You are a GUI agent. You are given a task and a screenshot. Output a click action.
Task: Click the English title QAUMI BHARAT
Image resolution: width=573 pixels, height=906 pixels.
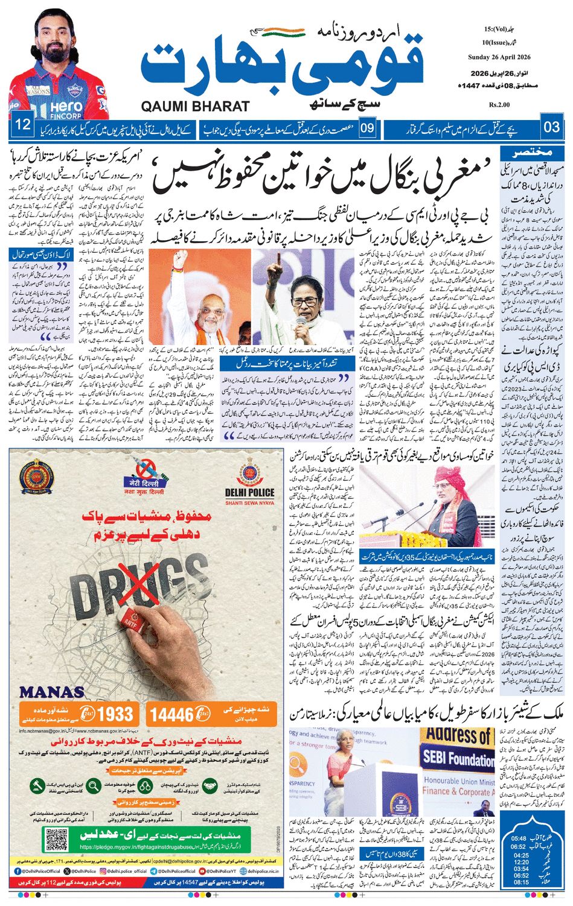pyautogui.click(x=195, y=107)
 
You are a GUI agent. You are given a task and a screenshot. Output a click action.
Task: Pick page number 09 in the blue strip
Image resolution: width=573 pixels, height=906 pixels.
pyautogui.click(x=368, y=128)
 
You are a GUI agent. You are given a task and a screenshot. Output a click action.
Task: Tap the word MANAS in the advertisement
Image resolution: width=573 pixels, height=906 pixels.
pyautogui.click(x=51, y=692)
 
